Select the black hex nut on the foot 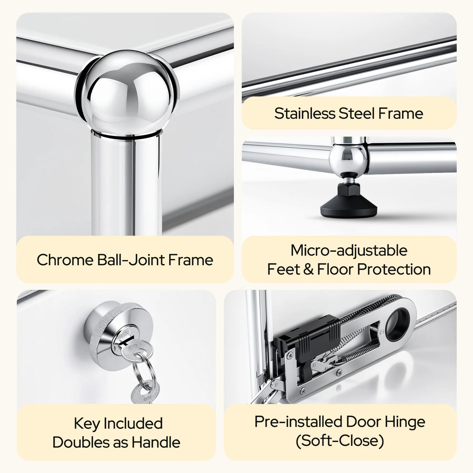[348, 190]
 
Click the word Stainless [305, 114]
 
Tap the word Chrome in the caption [65, 260]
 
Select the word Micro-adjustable [349, 250]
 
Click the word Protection [394, 269]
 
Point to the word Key [87, 424]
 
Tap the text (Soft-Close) [340, 441]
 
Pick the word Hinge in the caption [405, 422]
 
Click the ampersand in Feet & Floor [309, 269]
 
